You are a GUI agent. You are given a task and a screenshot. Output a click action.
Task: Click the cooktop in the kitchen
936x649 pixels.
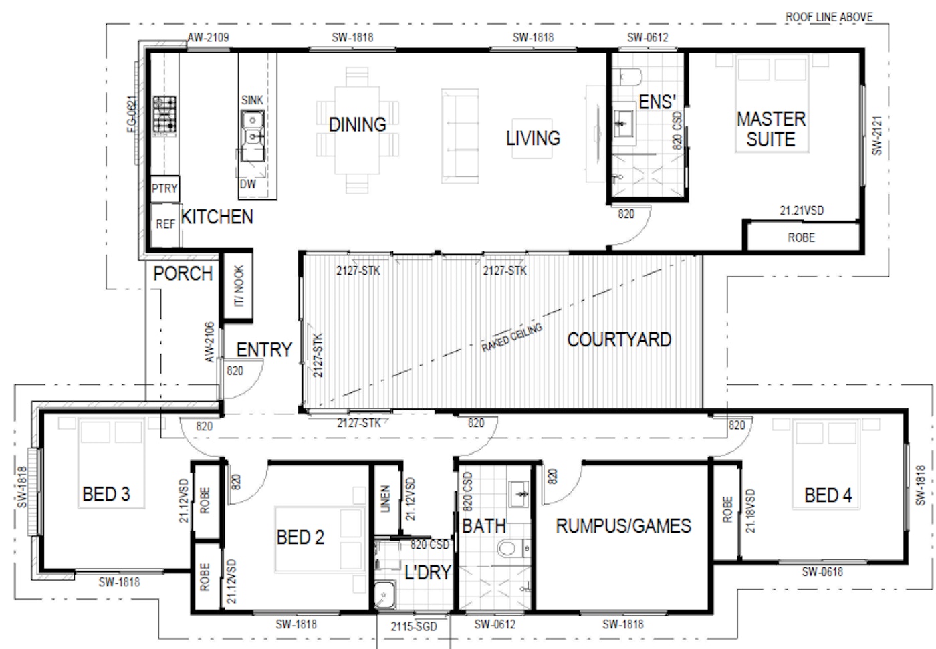164,116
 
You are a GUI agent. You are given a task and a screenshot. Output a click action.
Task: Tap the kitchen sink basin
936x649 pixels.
253,136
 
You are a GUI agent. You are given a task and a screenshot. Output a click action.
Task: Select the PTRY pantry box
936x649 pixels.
164,188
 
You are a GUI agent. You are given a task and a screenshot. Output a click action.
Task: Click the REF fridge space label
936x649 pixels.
166,225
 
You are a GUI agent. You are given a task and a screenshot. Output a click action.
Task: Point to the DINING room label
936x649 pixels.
358,124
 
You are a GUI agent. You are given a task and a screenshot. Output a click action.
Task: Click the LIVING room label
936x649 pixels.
534,138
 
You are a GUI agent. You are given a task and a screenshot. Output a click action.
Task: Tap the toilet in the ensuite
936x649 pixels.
627,77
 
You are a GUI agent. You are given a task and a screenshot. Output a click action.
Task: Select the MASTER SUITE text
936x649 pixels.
772,129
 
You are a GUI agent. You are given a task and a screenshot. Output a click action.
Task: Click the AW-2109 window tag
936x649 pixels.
208,38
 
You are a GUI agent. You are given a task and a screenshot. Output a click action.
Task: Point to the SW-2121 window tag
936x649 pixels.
876,135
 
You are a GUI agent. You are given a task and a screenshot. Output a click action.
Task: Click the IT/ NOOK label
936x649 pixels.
239,286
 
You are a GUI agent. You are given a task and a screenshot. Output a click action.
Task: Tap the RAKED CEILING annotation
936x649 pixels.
512,338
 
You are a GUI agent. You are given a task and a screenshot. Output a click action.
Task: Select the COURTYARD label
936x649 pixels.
619,340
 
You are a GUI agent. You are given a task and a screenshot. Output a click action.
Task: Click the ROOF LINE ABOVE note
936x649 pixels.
829,17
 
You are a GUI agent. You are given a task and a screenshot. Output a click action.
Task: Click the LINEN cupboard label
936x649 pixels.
385,498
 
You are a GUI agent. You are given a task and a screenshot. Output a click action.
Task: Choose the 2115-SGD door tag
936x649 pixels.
414,626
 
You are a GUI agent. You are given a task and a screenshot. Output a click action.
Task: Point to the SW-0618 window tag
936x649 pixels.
822,571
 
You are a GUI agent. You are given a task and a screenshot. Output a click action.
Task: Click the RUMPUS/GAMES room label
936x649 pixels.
623,526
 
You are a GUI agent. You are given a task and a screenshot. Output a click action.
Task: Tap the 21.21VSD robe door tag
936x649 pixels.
802,211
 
